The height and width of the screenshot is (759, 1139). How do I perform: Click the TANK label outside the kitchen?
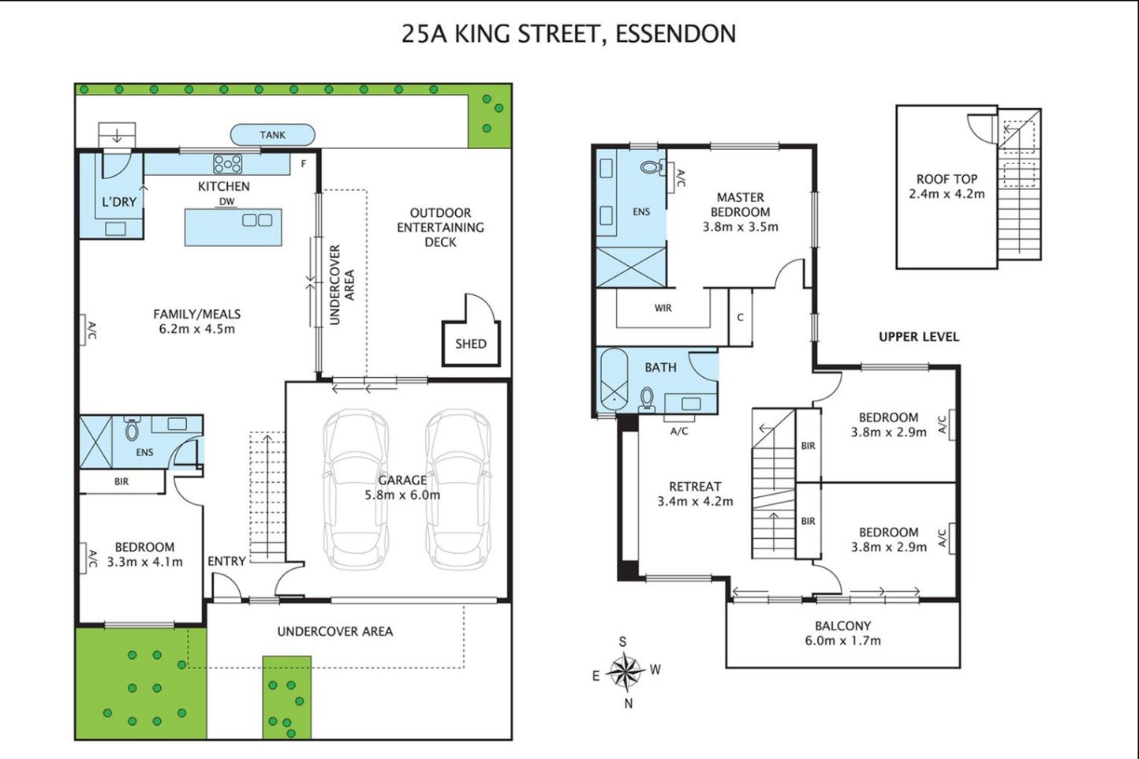pyautogui.click(x=273, y=135)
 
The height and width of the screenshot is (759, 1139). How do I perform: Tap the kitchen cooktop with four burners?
pyautogui.click(x=228, y=164)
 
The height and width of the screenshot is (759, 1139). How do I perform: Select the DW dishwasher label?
pyautogui.click(x=227, y=201)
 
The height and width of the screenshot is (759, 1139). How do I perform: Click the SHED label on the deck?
pyautogui.click(x=471, y=344)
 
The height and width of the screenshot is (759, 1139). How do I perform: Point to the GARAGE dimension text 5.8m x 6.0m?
pyautogui.click(x=402, y=495)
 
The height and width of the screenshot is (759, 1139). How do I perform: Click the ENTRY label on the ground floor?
pyautogui.click(x=227, y=561)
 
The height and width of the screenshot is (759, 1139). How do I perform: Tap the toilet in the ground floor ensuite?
pyautogui.click(x=133, y=429)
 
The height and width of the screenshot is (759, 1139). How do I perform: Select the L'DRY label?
pyautogui.click(x=119, y=202)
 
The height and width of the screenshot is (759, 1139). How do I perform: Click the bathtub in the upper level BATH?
pyautogui.click(x=614, y=379)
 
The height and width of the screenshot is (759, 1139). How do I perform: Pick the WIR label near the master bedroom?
pyautogui.click(x=663, y=308)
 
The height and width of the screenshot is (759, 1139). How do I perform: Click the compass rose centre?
pyautogui.click(x=626, y=671)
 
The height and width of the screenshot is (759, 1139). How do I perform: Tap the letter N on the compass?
pyautogui.click(x=629, y=704)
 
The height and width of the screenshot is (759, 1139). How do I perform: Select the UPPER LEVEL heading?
pyautogui.click(x=919, y=337)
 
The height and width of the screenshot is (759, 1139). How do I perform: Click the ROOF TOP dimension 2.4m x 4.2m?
pyautogui.click(x=947, y=194)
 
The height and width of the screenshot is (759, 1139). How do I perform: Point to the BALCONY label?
pyautogui.click(x=843, y=626)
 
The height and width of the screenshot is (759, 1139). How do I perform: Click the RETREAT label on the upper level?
pyautogui.click(x=695, y=486)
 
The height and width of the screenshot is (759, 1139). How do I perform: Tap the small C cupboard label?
pyautogui.click(x=741, y=317)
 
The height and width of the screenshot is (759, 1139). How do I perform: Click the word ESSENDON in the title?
pyautogui.click(x=676, y=34)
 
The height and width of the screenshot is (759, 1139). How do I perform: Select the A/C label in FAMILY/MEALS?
pyautogui.click(x=92, y=330)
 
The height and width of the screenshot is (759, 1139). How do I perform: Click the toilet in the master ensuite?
pyautogui.click(x=652, y=166)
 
